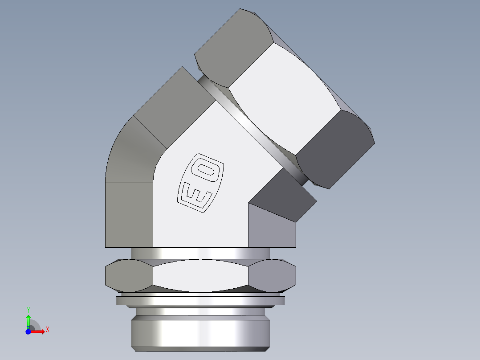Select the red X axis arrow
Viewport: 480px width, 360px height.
click(x=39, y=331)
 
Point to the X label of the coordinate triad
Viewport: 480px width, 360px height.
click(x=47, y=330)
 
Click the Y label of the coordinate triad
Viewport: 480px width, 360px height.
click(x=28, y=309)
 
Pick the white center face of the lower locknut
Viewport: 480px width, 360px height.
click(x=200, y=275)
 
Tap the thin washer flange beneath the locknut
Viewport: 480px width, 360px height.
click(x=200, y=301)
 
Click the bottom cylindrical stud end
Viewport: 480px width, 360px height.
click(x=200, y=332)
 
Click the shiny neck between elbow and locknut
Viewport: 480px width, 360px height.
click(x=200, y=253)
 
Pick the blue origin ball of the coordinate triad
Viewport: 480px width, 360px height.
click(x=28, y=331)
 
